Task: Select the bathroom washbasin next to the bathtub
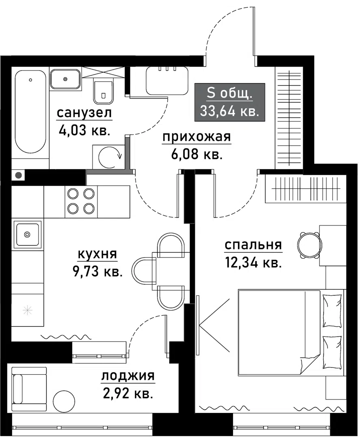coord(65,79)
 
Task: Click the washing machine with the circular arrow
coord(109,155)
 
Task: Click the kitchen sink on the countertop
coord(27,234)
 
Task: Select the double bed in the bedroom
coord(290,331)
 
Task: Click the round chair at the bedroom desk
coord(309,245)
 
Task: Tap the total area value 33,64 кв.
coord(230,110)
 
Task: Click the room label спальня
coord(253,245)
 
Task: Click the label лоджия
coord(127,376)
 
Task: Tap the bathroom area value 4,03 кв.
coord(84,131)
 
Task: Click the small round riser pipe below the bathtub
coord(18,176)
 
